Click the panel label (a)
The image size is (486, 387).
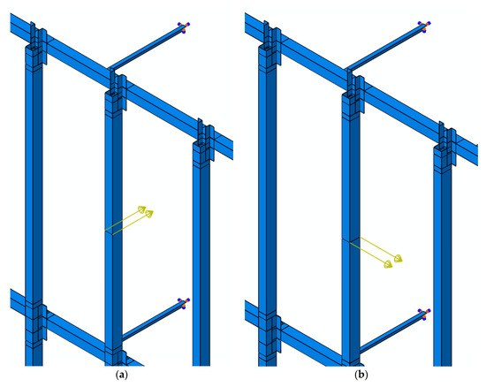coord(122,376)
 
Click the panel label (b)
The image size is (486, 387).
coord(361,376)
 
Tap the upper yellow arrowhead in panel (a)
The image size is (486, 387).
coord(142,209)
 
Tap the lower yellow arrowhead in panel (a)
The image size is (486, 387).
coord(149,214)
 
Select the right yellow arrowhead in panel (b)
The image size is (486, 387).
coord(399,258)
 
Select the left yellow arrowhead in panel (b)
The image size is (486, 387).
coord(388,264)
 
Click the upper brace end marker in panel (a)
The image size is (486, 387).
coord(184,27)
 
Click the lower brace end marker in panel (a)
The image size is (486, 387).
coord(184,303)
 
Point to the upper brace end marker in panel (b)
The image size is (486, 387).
coord(424,27)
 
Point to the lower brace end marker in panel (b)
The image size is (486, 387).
coord(424,313)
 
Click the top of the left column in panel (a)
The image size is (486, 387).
coord(34,47)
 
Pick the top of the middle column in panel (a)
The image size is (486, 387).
coord(113,93)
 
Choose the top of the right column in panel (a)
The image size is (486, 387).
coord(201,144)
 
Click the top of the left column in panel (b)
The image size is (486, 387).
coord(267,47)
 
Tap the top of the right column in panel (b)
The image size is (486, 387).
coord(443,148)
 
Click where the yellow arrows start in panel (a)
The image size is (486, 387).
coord(109,232)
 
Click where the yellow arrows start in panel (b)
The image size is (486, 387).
coord(355,239)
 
